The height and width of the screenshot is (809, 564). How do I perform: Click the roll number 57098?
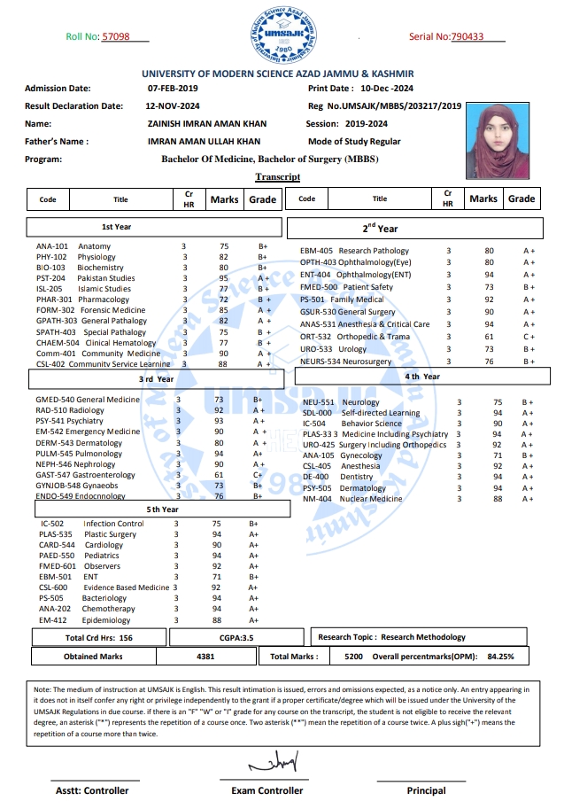click(116, 36)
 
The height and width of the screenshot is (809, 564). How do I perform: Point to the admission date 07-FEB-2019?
click(173, 89)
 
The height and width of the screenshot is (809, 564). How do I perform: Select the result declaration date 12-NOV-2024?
click(174, 106)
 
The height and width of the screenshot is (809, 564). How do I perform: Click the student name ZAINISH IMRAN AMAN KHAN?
click(207, 124)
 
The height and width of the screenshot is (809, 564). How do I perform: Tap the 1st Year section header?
click(117, 227)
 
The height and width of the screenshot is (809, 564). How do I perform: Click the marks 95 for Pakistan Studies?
click(224, 278)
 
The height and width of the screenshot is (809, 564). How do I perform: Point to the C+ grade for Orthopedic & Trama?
click(529, 337)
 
